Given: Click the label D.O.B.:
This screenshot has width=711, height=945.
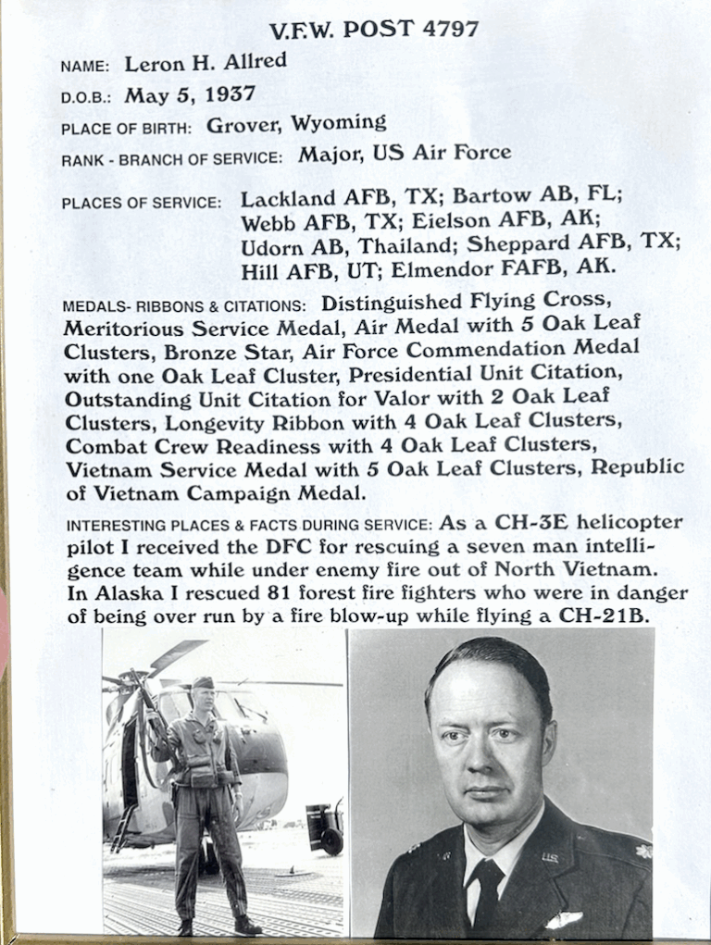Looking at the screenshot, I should click(x=87, y=96).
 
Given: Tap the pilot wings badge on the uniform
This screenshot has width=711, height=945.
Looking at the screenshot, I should click(x=565, y=919).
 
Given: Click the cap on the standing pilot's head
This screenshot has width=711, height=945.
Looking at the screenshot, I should click(x=203, y=682).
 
